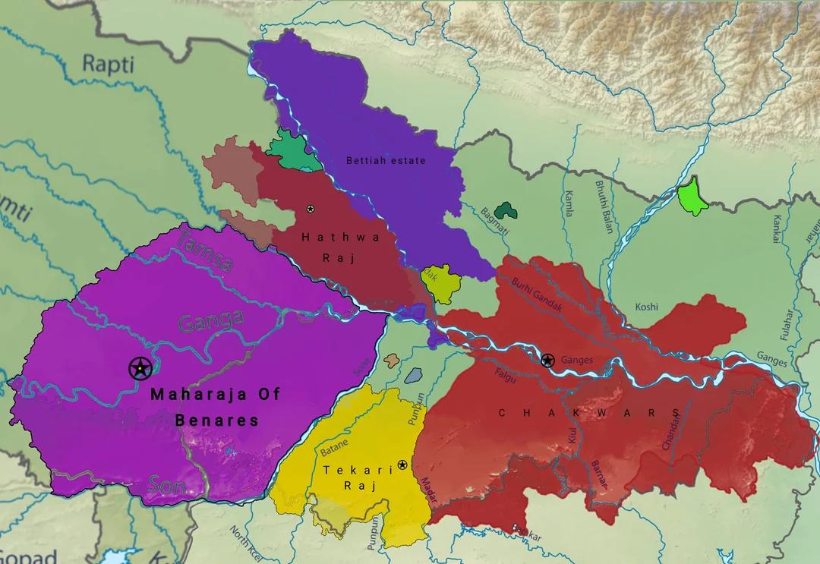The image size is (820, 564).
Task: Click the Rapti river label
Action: (x=108, y=64)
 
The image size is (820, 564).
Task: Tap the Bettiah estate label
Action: (x=386, y=160)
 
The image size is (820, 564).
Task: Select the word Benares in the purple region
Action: (x=217, y=420)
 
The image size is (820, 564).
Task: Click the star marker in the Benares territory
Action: (x=140, y=369)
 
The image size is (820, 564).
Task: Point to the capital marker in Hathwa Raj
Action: (x=310, y=208)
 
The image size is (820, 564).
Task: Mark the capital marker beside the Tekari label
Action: (x=402, y=465)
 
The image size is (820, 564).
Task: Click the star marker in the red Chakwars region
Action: (x=547, y=360)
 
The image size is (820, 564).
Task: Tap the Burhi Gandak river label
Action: (x=538, y=294)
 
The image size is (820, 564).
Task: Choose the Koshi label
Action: (x=646, y=307)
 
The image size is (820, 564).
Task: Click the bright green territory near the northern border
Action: (x=692, y=196)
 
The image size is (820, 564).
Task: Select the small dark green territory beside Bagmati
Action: (x=503, y=210)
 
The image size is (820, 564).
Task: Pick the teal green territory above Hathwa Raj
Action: (x=292, y=150)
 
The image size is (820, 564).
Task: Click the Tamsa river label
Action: (x=205, y=253)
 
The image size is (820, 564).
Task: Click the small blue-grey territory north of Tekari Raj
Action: (x=413, y=375)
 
